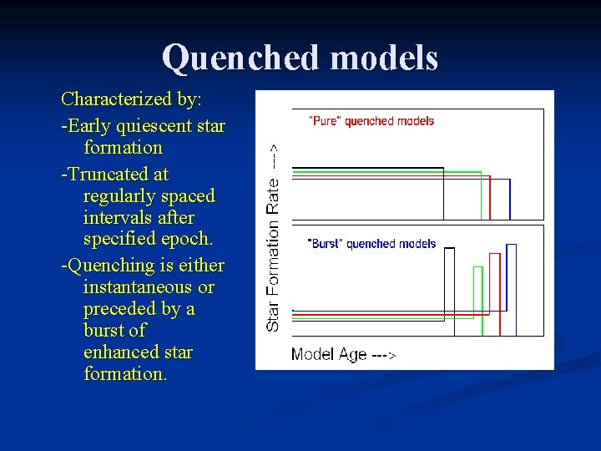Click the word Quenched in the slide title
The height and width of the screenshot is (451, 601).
click(x=241, y=58)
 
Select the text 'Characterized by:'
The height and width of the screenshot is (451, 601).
click(x=131, y=99)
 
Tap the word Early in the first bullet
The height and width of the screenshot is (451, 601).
click(x=88, y=126)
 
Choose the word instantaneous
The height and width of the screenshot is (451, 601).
click(x=138, y=287)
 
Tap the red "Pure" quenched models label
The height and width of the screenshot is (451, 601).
click(x=371, y=121)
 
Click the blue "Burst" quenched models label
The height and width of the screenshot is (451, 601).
click(x=371, y=244)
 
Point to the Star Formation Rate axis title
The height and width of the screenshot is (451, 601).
click(x=273, y=236)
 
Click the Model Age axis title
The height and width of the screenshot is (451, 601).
click(x=329, y=355)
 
